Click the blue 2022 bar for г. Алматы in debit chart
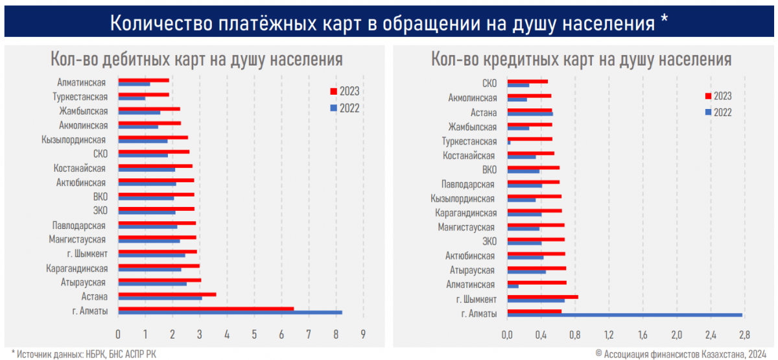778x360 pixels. click(230, 313)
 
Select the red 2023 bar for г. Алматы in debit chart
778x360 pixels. click(206, 309)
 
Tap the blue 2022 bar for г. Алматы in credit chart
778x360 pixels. click(624, 315)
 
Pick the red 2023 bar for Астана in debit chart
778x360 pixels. click(167, 294)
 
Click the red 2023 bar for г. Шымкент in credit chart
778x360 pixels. click(542, 297)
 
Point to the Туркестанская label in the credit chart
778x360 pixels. click(469, 141)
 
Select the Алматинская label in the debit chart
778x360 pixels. click(81, 82)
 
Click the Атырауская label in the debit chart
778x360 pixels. click(84, 282)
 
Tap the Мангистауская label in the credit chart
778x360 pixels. click(466, 227)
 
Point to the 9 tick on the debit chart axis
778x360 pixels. click(364, 335)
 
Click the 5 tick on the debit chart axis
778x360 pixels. click(254, 335)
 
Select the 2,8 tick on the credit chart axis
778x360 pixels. click(744, 335)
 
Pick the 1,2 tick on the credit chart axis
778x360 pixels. click(608, 335)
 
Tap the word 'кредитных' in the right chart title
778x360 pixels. click(525, 60)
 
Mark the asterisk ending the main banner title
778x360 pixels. click(664, 21)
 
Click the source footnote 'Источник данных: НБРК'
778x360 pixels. click(84, 354)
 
